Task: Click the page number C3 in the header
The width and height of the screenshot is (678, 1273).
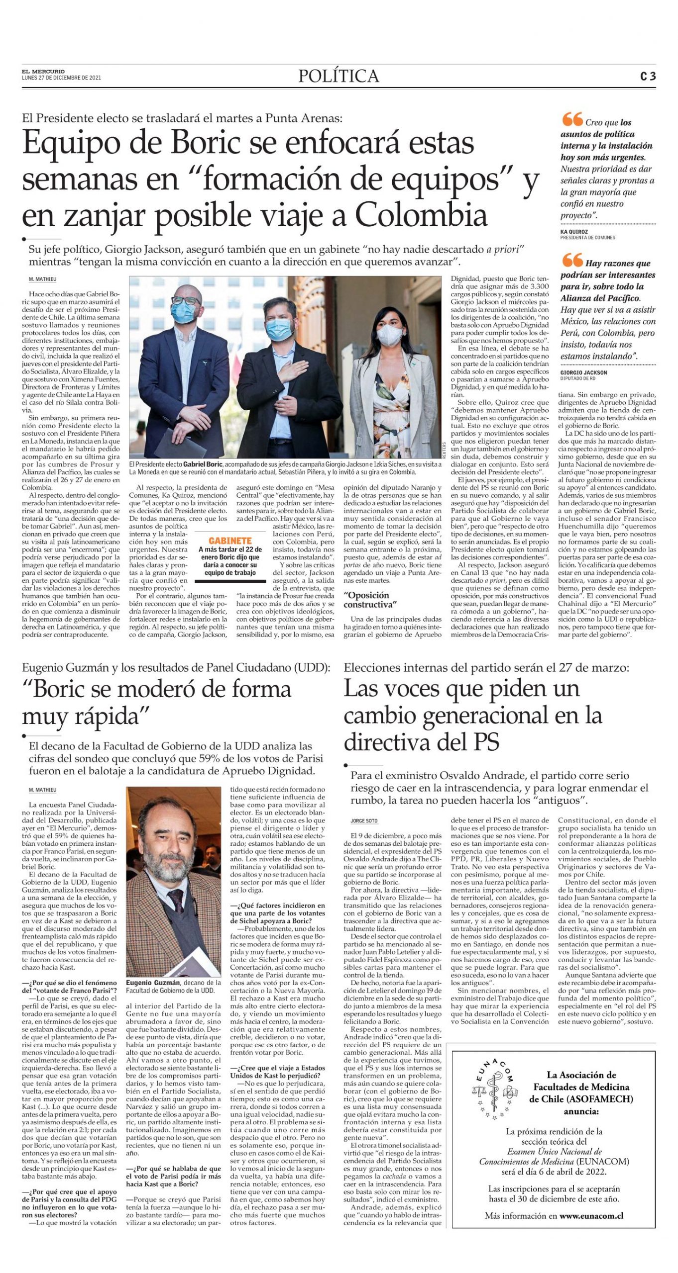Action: (647, 77)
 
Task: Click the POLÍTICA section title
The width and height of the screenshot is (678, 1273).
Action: (339, 76)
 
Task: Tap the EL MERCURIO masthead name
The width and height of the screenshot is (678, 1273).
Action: (43, 72)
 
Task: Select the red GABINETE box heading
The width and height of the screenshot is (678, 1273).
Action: (229, 541)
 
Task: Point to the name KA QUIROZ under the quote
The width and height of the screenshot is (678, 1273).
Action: (574, 232)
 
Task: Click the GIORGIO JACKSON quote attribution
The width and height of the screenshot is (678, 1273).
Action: (583, 372)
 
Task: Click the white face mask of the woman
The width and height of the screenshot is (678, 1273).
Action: (389, 337)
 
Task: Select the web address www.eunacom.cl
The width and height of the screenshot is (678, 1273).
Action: (591, 1216)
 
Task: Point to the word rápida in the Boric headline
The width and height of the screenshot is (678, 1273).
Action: (105, 717)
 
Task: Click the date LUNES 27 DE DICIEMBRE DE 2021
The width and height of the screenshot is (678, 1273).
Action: (61, 78)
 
